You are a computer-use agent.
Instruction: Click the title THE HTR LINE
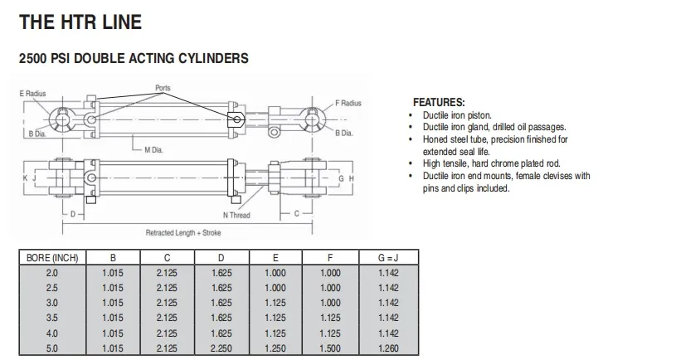(x=80, y=22)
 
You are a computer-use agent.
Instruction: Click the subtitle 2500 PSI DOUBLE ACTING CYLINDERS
(x=134, y=60)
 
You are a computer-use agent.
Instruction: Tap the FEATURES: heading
(x=439, y=102)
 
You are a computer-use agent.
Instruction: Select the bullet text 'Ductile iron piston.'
(x=457, y=114)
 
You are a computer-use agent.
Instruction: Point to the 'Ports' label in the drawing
(x=163, y=87)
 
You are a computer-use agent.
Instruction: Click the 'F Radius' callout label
(x=348, y=103)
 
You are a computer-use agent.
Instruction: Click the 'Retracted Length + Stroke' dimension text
(x=183, y=233)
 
